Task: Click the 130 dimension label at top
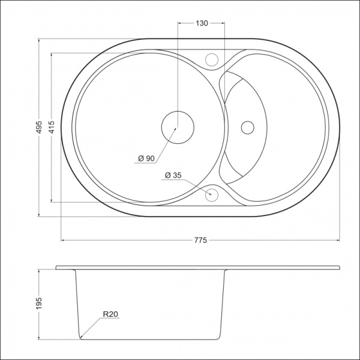click(202, 23)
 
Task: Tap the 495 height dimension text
click(39, 127)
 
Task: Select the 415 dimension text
click(52, 127)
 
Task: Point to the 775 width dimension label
click(200, 240)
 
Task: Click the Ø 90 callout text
click(146, 158)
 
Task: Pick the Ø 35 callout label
click(173, 175)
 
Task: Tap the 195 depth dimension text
click(39, 303)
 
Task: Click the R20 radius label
click(110, 314)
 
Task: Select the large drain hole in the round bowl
click(178, 127)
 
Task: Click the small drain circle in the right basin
click(247, 127)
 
